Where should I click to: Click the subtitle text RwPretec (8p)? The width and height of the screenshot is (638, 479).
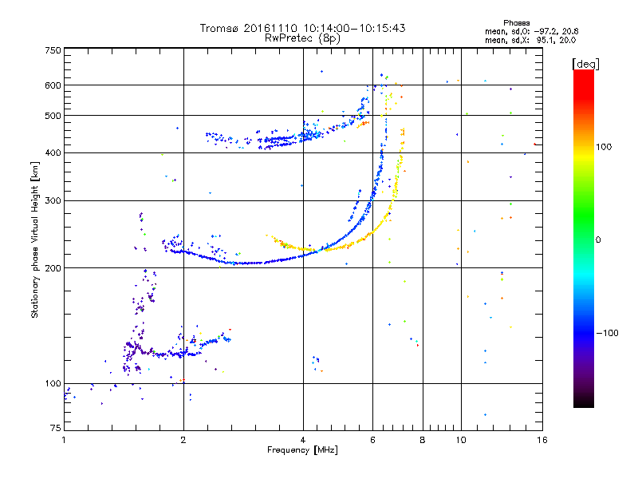click(303, 38)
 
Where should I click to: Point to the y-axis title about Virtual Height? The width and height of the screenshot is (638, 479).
click(35, 239)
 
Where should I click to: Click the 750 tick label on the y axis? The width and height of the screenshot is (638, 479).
click(53, 50)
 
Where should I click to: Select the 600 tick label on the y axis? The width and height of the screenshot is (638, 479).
click(53, 85)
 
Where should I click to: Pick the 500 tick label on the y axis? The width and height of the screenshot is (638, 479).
click(53, 116)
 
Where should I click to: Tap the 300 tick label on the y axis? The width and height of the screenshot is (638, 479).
click(53, 201)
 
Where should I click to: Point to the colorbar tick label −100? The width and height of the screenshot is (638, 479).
click(610, 333)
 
